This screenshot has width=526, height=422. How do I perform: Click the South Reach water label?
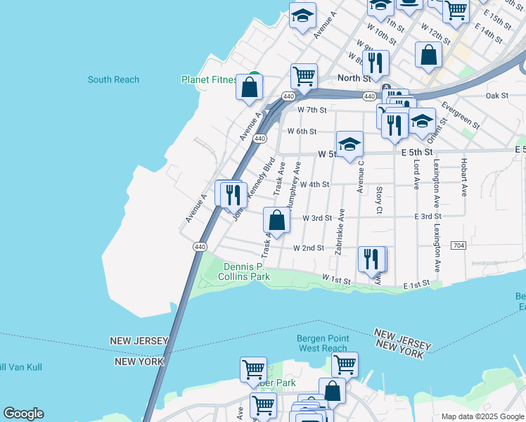pos(113,79)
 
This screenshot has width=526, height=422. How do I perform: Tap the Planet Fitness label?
pos(208,79)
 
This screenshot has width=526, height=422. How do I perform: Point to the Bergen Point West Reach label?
pos(323,343)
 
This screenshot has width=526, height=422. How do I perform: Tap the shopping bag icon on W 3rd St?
pos(277,220)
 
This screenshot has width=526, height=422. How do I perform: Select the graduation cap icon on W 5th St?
pos(349,145)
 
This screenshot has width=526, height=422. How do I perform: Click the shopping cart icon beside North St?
pos(304,76)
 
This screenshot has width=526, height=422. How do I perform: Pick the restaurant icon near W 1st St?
pos(371,259)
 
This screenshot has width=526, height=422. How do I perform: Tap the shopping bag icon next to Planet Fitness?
pos(249,87)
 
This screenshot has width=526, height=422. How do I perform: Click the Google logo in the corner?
pos(23,414)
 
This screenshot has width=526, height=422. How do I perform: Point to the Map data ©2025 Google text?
pos(482,416)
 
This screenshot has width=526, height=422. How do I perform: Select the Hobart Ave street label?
pos(463,177)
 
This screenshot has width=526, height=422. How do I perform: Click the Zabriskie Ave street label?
pos(340,232)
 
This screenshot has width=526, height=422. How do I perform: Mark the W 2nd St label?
pos(308,248)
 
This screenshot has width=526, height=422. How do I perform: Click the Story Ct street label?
pos(379,199)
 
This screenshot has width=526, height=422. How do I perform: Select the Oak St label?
pos(496,96)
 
